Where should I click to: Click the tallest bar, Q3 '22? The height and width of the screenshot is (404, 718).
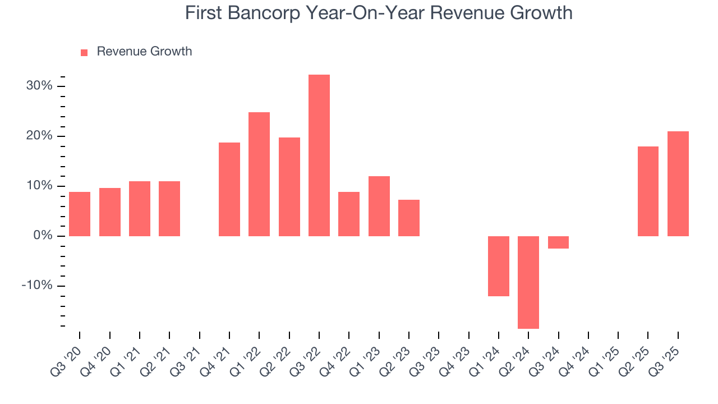[x=319, y=155]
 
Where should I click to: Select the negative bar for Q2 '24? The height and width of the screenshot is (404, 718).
[x=528, y=282]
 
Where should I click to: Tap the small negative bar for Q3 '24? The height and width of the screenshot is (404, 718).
[x=558, y=242]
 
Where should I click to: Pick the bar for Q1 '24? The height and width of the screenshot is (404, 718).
[x=499, y=266]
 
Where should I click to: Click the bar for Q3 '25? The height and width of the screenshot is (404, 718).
[x=678, y=183]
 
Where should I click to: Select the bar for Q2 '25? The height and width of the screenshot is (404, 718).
[x=648, y=191]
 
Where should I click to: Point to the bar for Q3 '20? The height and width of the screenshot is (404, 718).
[x=80, y=214]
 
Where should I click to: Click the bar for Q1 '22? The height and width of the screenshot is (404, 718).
[x=259, y=174]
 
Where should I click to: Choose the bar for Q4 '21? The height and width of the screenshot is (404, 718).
[x=229, y=189]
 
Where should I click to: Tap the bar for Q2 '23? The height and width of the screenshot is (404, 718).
[x=409, y=218]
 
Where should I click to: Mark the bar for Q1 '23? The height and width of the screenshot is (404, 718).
[x=379, y=206]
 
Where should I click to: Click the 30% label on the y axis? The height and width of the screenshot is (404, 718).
[x=39, y=86]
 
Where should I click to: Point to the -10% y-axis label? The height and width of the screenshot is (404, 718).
[x=37, y=286]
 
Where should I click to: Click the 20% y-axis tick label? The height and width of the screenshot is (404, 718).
[x=39, y=136]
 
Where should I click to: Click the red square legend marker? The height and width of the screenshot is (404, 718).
[x=84, y=52]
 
